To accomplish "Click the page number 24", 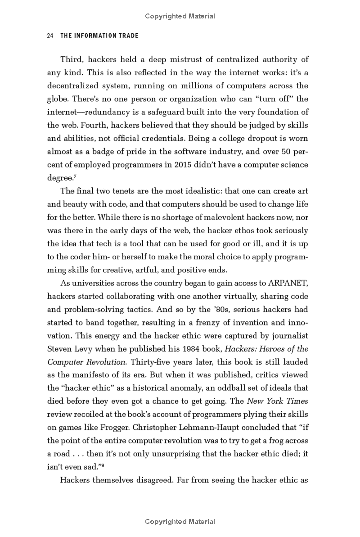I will point(50,36).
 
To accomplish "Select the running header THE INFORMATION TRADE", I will point(99,36).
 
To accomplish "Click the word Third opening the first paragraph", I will point(72,59).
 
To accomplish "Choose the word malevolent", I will point(184,217).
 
